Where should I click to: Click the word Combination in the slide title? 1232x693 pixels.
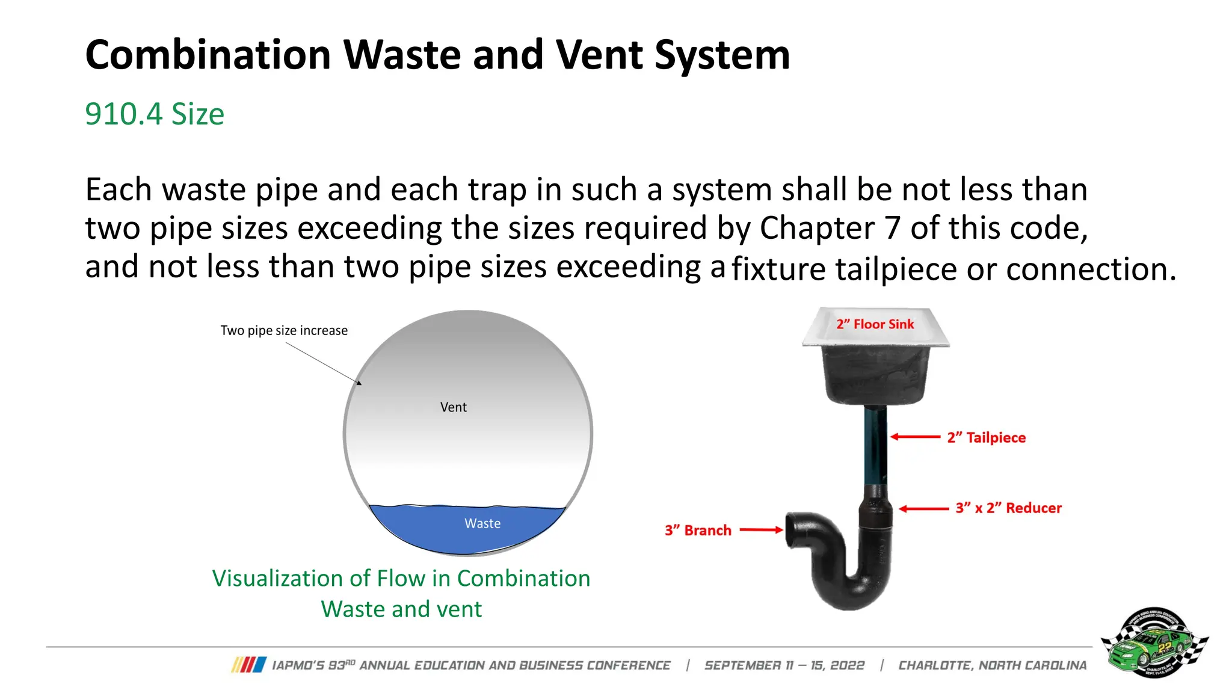(x=208, y=55)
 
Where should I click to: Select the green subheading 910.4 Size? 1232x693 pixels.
(x=155, y=114)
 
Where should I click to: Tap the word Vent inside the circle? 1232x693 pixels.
(x=453, y=407)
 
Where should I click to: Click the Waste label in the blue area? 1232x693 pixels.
(x=482, y=523)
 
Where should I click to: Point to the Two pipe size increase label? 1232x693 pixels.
(x=284, y=330)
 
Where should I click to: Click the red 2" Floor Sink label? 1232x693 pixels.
(x=875, y=324)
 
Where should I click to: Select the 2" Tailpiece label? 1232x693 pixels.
(x=986, y=437)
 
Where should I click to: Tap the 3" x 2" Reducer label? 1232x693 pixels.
(x=1008, y=508)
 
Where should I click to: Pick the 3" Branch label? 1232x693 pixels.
(x=698, y=530)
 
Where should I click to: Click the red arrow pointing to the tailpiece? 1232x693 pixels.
(x=915, y=437)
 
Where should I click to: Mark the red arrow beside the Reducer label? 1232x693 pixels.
(x=923, y=508)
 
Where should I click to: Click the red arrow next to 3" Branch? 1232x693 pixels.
(x=761, y=530)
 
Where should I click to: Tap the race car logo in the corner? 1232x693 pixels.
(x=1154, y=642)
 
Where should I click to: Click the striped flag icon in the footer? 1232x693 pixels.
(x=248, y=665)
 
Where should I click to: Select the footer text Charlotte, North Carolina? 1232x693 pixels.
(x=993, y=665)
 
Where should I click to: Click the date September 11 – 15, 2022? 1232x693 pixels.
(x=784, y=665)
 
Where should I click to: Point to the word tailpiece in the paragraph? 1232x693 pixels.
(x=896, y=269)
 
